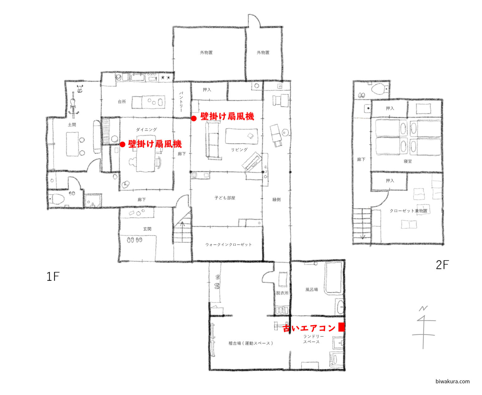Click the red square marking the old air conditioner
click(x=341, y=327)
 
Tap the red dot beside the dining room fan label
click(x=122, y=144)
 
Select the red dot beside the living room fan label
click(x=194, y=118)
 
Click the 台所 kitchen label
click(x=122, y=101)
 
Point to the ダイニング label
click(x=147, y=130)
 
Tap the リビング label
click(x=239, y=149)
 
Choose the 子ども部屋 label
click(x=225, y=198)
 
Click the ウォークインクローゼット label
click(x=228, y=245)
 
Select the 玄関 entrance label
click(x=147, y=229)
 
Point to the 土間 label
click(x=72, y=125)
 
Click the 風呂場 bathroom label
click(x=312, y=289)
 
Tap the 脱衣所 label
click(x=282, y=293)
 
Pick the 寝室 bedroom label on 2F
click(x=408, y=161)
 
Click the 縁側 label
click(x=276, y=199)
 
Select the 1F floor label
click(x=53, y=276)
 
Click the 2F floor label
click(x=442, y=265)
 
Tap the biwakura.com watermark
click(x=453, y=381)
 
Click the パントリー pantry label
click(x=181, y=102)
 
